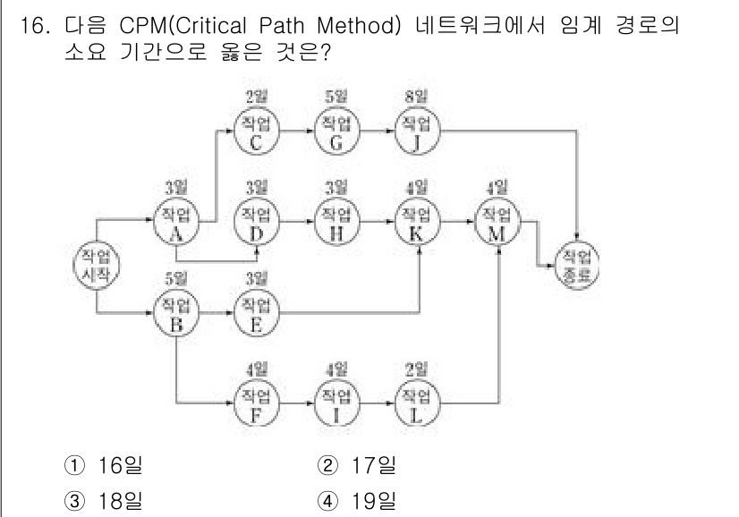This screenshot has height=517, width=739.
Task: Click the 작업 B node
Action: pyautogui.click(x=175, y=311)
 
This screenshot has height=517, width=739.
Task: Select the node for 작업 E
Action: pyautogui.click(x=256, y=311)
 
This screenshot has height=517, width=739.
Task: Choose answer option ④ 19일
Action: pyautogui.click(x=358, y=499)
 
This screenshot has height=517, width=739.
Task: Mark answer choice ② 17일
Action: pyautogui.click(x=358, y=466)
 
